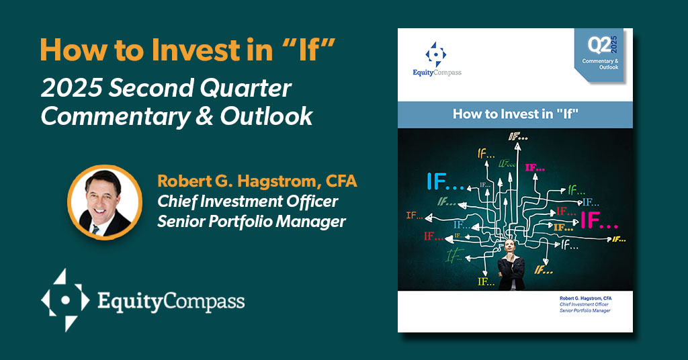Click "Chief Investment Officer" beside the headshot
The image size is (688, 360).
247,201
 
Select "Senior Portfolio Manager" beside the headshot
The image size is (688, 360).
251,221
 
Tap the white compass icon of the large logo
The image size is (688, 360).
64,299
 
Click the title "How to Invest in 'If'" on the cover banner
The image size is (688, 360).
515,114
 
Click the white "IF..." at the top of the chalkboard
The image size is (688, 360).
518,137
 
